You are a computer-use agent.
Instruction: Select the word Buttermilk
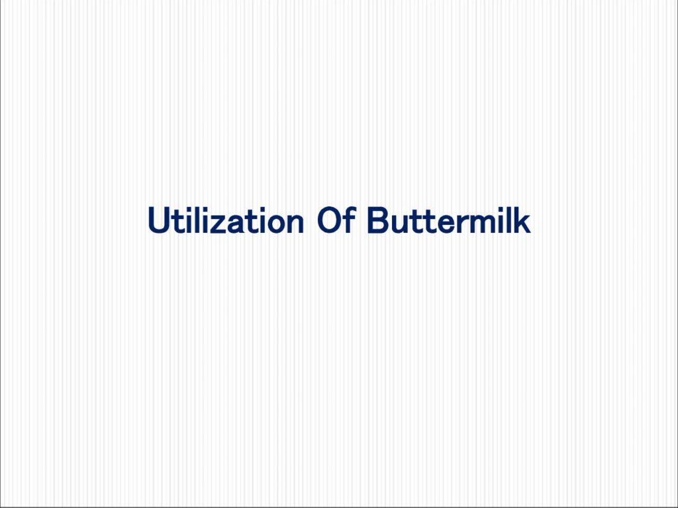click(449, 220)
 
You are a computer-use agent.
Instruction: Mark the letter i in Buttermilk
click(501, 220)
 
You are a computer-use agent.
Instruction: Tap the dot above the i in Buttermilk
click(501, 209)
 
